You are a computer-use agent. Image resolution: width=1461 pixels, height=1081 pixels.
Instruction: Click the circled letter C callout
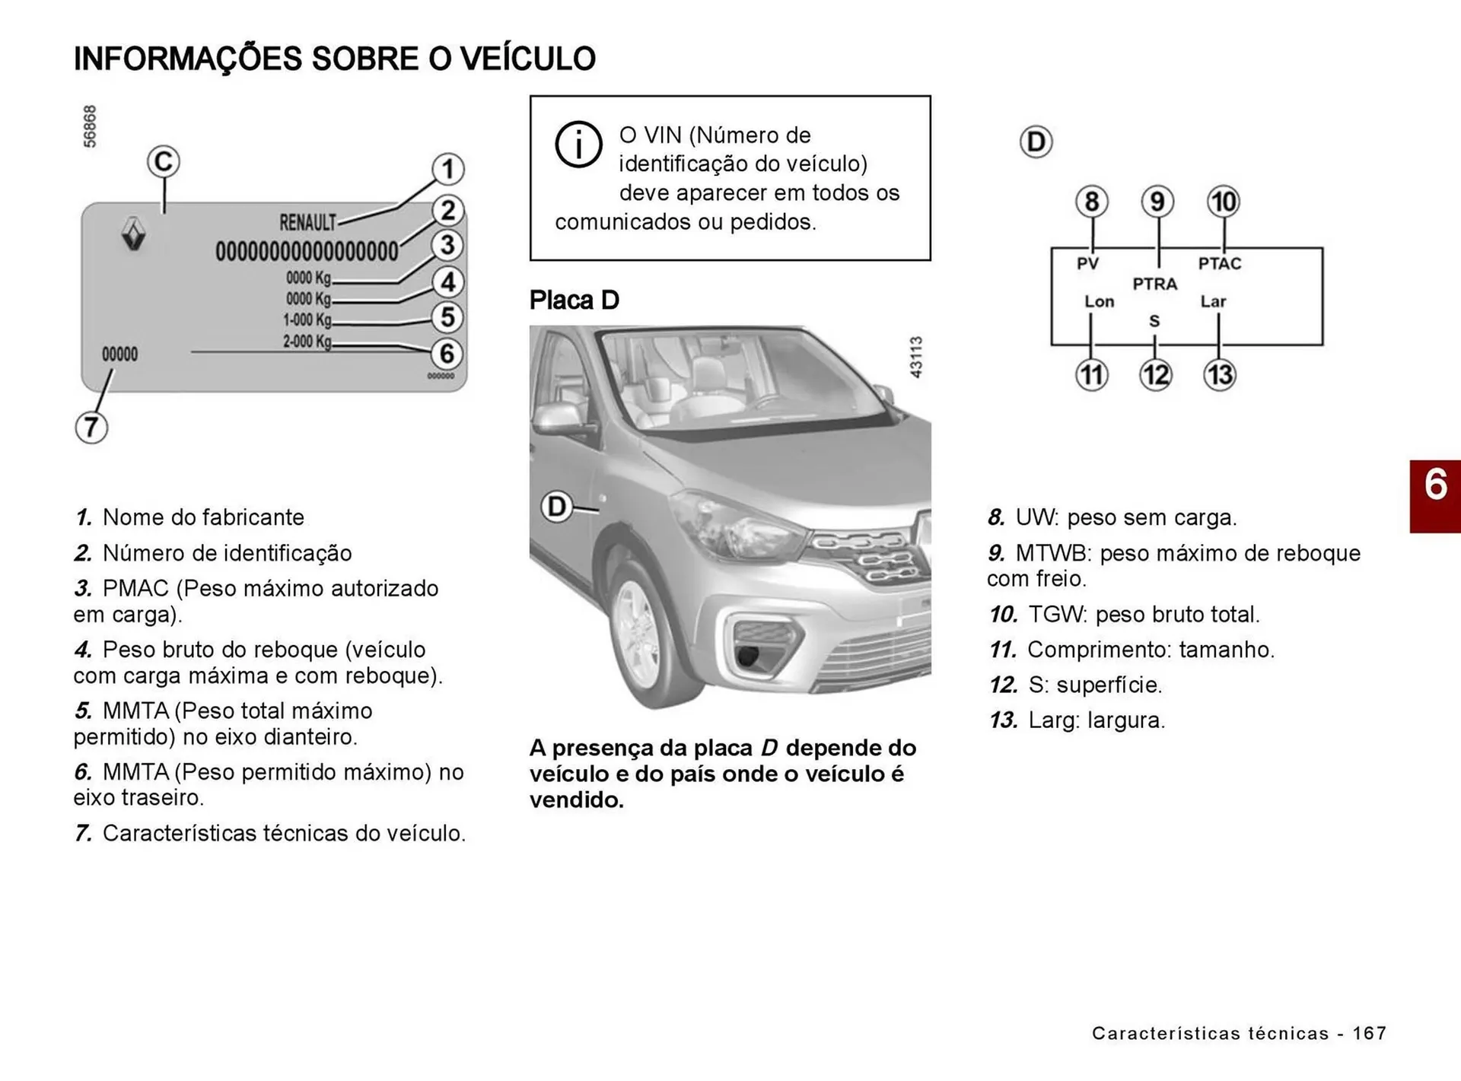tap(163, 162)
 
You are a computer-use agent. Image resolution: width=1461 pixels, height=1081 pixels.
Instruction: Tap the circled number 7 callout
tap(91, 427)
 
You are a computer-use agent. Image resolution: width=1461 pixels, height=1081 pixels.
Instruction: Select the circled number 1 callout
tap(448, 169)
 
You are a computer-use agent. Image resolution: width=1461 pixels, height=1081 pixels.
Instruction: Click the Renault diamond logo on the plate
tap(134, 233)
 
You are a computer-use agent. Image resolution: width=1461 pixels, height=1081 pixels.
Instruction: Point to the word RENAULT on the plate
tap(307, 223)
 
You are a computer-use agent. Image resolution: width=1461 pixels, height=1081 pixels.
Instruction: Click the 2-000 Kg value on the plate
tap(307, 342)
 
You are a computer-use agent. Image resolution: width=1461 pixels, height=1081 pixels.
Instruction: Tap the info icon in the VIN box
tap(578, 144)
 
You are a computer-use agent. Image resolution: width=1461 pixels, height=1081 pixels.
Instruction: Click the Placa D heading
tap(575, 300)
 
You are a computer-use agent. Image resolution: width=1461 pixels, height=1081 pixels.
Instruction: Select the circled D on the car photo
tap(557, 507)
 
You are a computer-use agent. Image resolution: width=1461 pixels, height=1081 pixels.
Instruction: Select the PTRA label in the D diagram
tap(1154, 285)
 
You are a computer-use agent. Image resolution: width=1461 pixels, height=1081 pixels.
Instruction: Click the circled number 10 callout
tap(1224, 202)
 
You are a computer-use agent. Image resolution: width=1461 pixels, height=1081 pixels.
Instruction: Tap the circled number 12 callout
tap(1155, 375)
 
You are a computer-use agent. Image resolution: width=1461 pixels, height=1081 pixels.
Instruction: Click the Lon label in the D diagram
tap(1099, 302)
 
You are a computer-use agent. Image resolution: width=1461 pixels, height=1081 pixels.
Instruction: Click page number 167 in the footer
tap(1370, 1033)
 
